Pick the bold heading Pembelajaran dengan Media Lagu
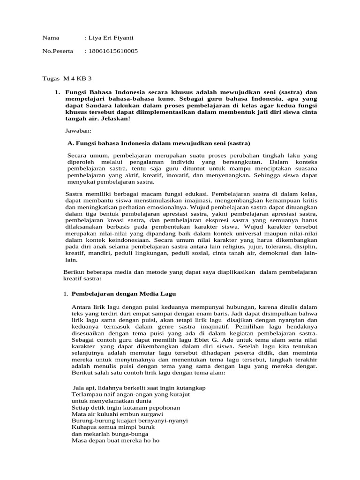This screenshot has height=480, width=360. coord(123,294)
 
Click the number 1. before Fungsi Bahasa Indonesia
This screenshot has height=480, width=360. coord(57,92)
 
